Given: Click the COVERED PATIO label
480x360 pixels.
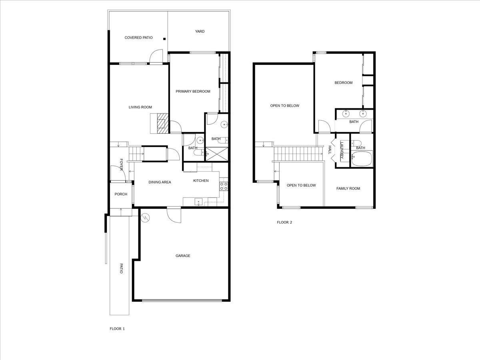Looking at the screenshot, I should click(138, 38).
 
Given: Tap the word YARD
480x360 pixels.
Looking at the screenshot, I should click(200, 31).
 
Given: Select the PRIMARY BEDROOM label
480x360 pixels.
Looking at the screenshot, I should click(193, 92).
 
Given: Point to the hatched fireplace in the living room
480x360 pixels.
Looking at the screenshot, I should click(161, 123).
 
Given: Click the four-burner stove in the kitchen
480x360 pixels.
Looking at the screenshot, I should click(224, 186).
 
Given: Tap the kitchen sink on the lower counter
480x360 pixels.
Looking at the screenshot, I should click(198, 201).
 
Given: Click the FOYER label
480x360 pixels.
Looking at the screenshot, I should click(121, 164).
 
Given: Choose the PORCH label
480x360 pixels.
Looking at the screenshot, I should click(121, 194).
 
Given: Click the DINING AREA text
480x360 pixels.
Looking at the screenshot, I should click(160, 182).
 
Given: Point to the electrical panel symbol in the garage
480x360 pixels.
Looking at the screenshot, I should click(146, 218).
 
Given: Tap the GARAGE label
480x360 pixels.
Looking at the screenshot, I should click(183, 256).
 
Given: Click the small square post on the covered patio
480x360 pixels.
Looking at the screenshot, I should click(164, 39).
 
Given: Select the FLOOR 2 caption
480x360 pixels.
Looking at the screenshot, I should click(284, 222).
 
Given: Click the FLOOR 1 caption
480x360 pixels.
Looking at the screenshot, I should click(117, 329).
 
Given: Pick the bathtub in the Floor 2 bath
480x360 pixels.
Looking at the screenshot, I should click(362, 158).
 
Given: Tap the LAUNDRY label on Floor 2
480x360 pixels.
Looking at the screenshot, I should click(342, 150).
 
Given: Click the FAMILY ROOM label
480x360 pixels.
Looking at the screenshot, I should click(348, 189).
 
